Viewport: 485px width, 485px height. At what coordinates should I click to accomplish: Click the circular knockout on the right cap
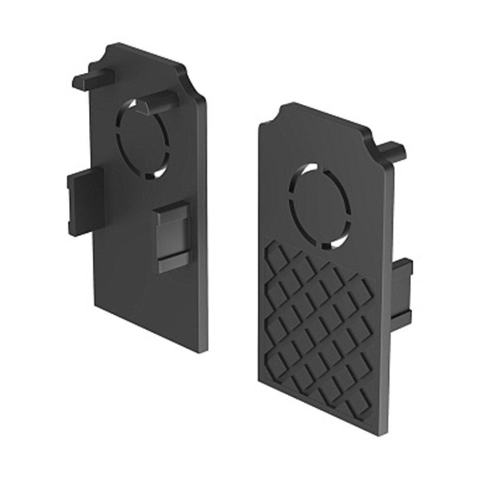coord(319,206)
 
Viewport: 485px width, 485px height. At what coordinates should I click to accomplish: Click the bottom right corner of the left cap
coord(206,350)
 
